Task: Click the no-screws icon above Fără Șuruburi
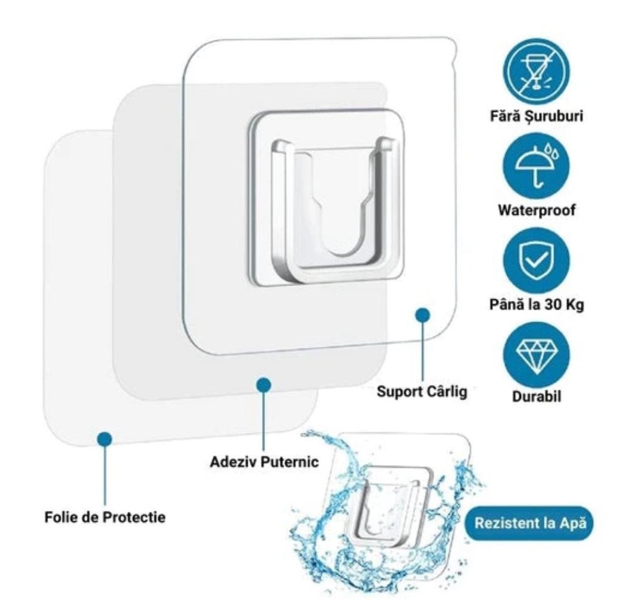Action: click(x=535, y=70)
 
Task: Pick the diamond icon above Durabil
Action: click(x=535, y=354)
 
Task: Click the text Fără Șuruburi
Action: click(x=536, y=117)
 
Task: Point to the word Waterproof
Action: click(x=536, y=210)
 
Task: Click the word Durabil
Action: click(x=536, y=397)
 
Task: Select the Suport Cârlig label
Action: click(x=421, y=392)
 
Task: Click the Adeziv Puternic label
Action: click(x=264, y=463)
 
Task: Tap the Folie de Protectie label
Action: click(x=105, y=518)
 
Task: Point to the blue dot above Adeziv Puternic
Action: click(x=264, y=385)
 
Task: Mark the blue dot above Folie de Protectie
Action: click(x=105, y=439)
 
